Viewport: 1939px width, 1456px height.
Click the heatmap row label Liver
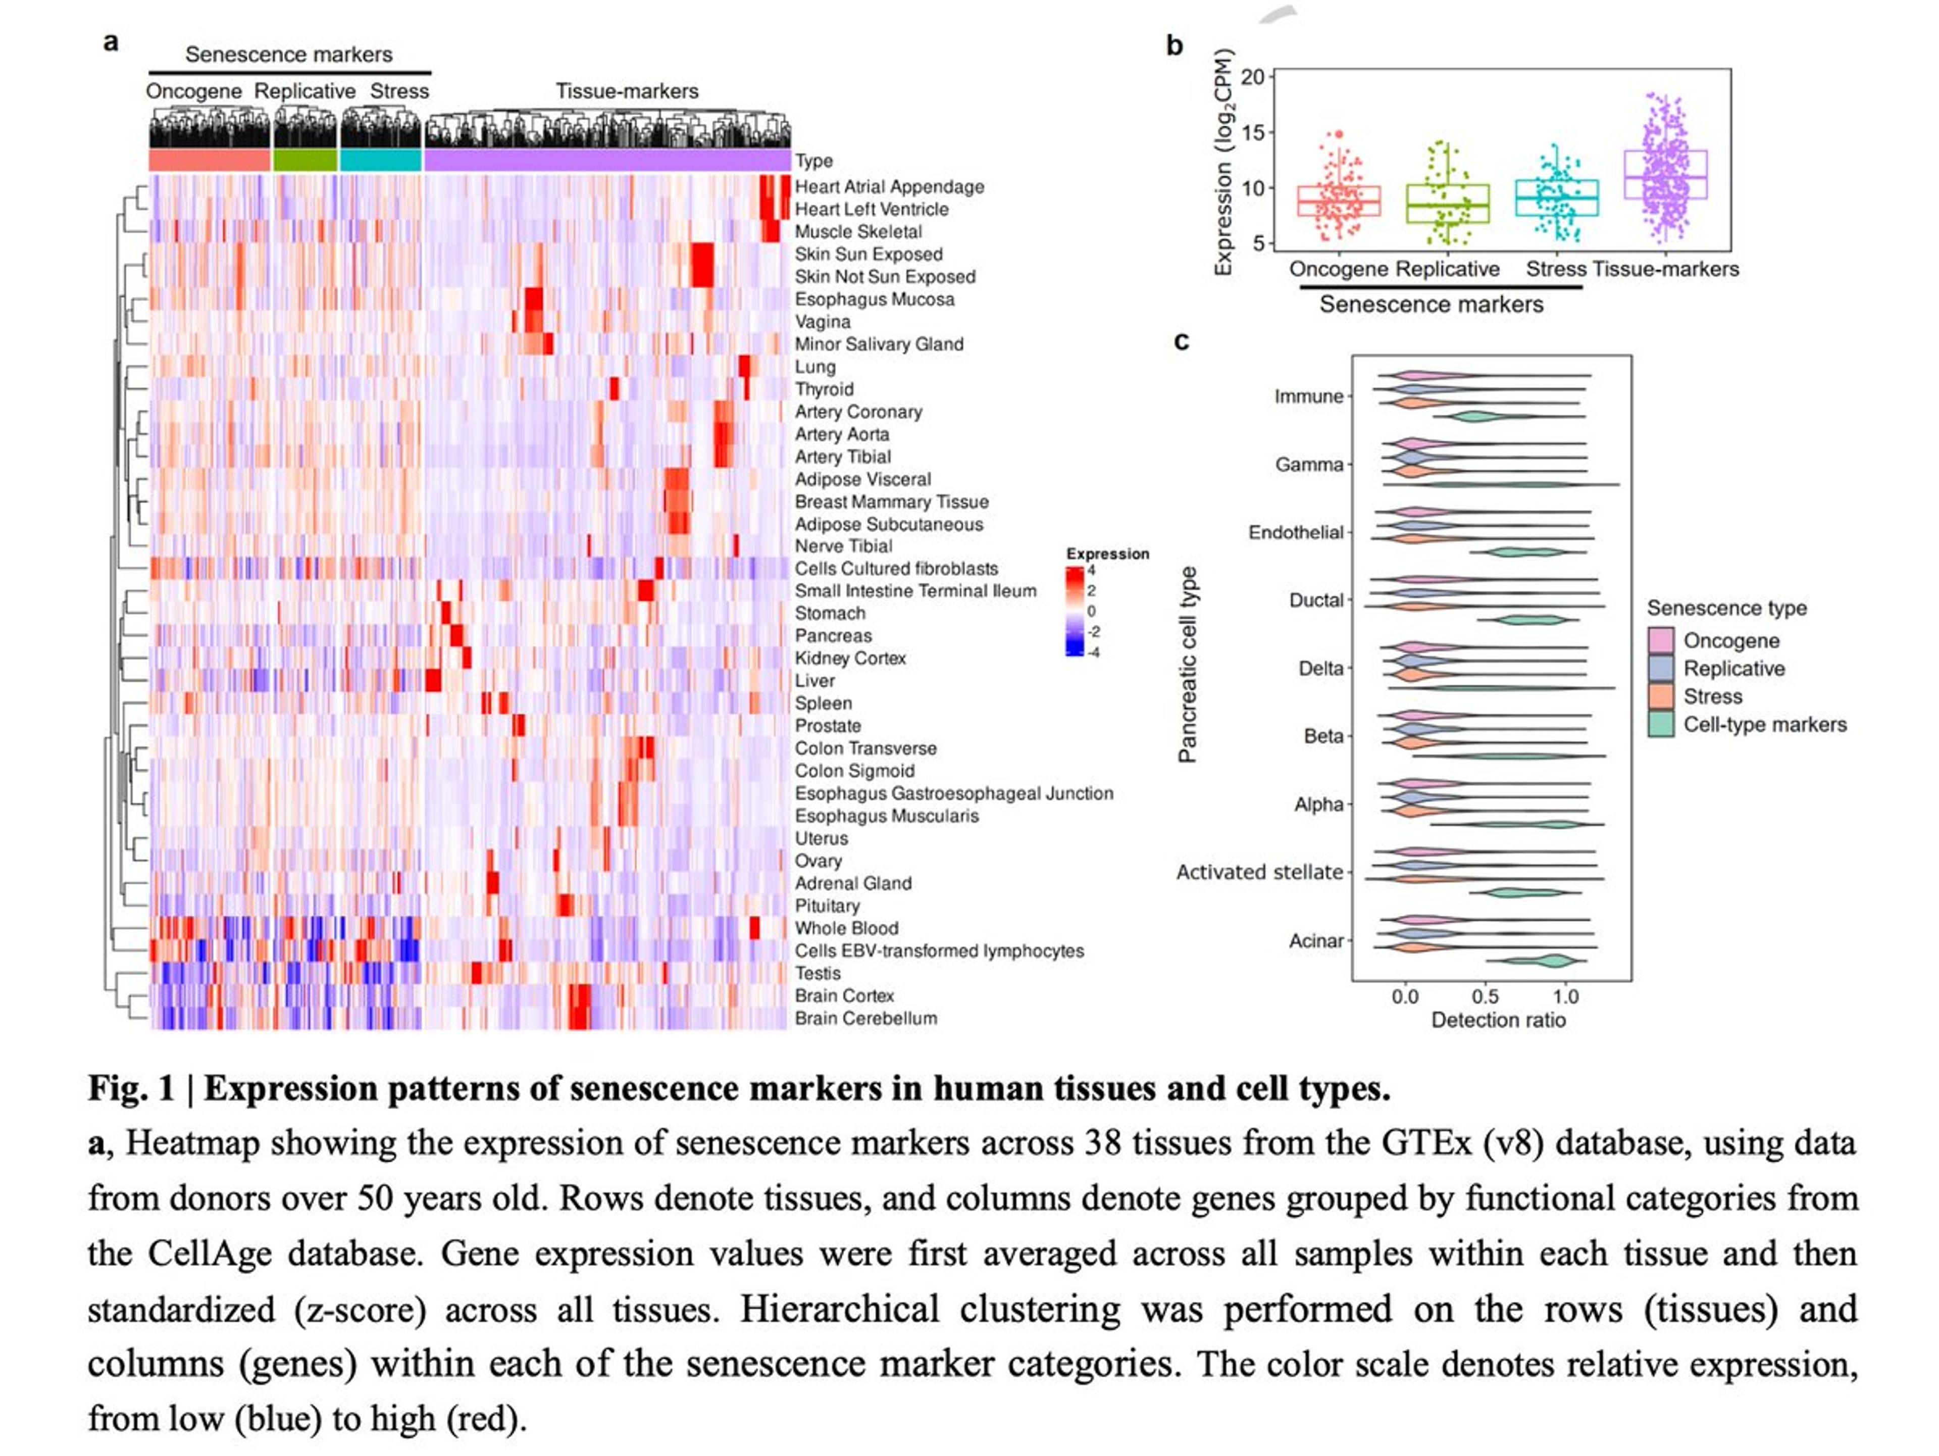pos(814,680)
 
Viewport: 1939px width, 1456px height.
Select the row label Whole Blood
pos(846,927)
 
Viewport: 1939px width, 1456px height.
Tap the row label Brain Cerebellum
pos(865,1018)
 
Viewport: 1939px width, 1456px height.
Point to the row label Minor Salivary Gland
pos(878,343)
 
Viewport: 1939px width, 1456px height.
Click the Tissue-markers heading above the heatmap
pos(627,91)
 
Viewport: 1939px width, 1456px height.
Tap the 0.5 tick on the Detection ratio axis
pos(1485,996)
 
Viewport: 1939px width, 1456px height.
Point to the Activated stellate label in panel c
pos(1259,872)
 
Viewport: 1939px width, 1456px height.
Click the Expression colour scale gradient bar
pos(1074,611)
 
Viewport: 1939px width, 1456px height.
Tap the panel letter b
pos(1173,45)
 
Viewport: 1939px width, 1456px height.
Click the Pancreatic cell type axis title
pos(1187,665)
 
